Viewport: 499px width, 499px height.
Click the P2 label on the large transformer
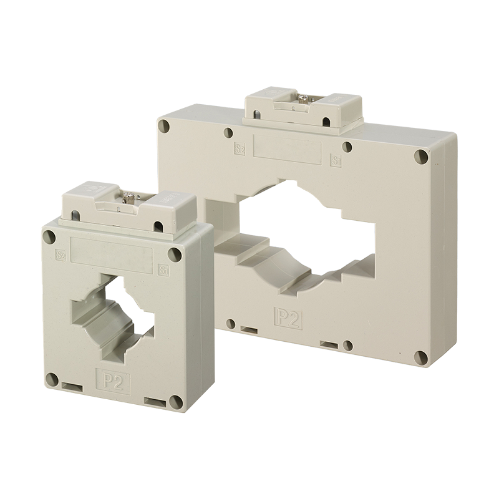(289, 318)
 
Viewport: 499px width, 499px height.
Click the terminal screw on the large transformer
(303, 98)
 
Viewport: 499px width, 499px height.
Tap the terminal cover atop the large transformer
(303, 110)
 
